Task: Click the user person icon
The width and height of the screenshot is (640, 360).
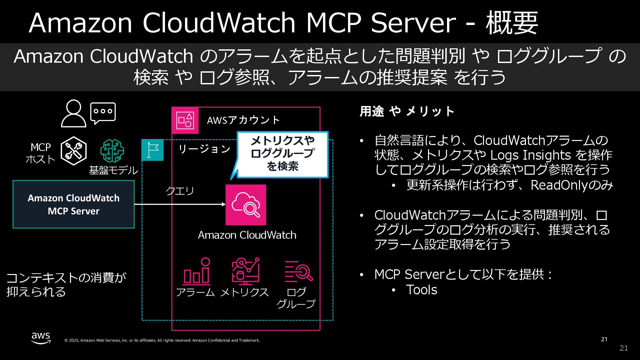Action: point(73,114)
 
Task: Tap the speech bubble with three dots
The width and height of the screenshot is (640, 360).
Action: point(103,113)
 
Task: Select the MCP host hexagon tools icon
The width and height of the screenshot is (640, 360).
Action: point(74,151)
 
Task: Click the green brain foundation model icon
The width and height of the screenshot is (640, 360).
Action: point(112,151)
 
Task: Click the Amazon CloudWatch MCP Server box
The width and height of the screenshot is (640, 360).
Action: point(74,204)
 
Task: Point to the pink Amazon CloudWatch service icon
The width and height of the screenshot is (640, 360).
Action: point(246,205)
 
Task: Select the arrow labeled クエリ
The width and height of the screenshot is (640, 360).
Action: point(180,204)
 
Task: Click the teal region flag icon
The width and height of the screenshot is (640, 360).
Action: point(153,150)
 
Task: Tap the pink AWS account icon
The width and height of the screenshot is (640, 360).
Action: point(185,120)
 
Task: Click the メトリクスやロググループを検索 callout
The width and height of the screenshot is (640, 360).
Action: point(282,154)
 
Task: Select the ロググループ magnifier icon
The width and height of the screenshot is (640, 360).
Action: point(298,271)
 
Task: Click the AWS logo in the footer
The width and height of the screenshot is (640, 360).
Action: point(41,338)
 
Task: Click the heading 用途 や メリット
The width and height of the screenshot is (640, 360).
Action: point(407,111)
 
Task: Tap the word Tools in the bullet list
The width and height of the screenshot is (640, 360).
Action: point(422,290)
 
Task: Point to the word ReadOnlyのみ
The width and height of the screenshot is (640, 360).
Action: point(572,185)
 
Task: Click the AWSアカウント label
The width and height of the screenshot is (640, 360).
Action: point(243,120)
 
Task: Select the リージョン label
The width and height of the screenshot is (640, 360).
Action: point(204,149)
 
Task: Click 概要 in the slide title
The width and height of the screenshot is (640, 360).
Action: point(512,23)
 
